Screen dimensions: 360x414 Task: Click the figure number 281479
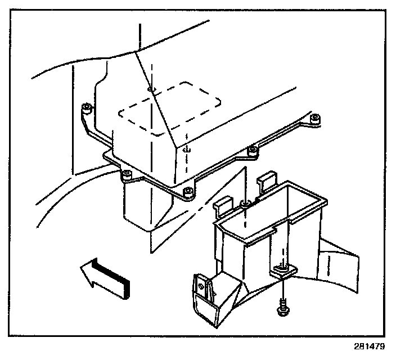(371, 347)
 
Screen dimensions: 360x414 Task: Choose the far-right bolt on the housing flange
(316, 118)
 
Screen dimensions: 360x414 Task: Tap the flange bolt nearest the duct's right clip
(253, 150)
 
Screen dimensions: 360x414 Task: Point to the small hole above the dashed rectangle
(149, 89)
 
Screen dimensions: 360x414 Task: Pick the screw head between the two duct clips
(245, 202)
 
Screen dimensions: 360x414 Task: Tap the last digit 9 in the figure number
(385, 347)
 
